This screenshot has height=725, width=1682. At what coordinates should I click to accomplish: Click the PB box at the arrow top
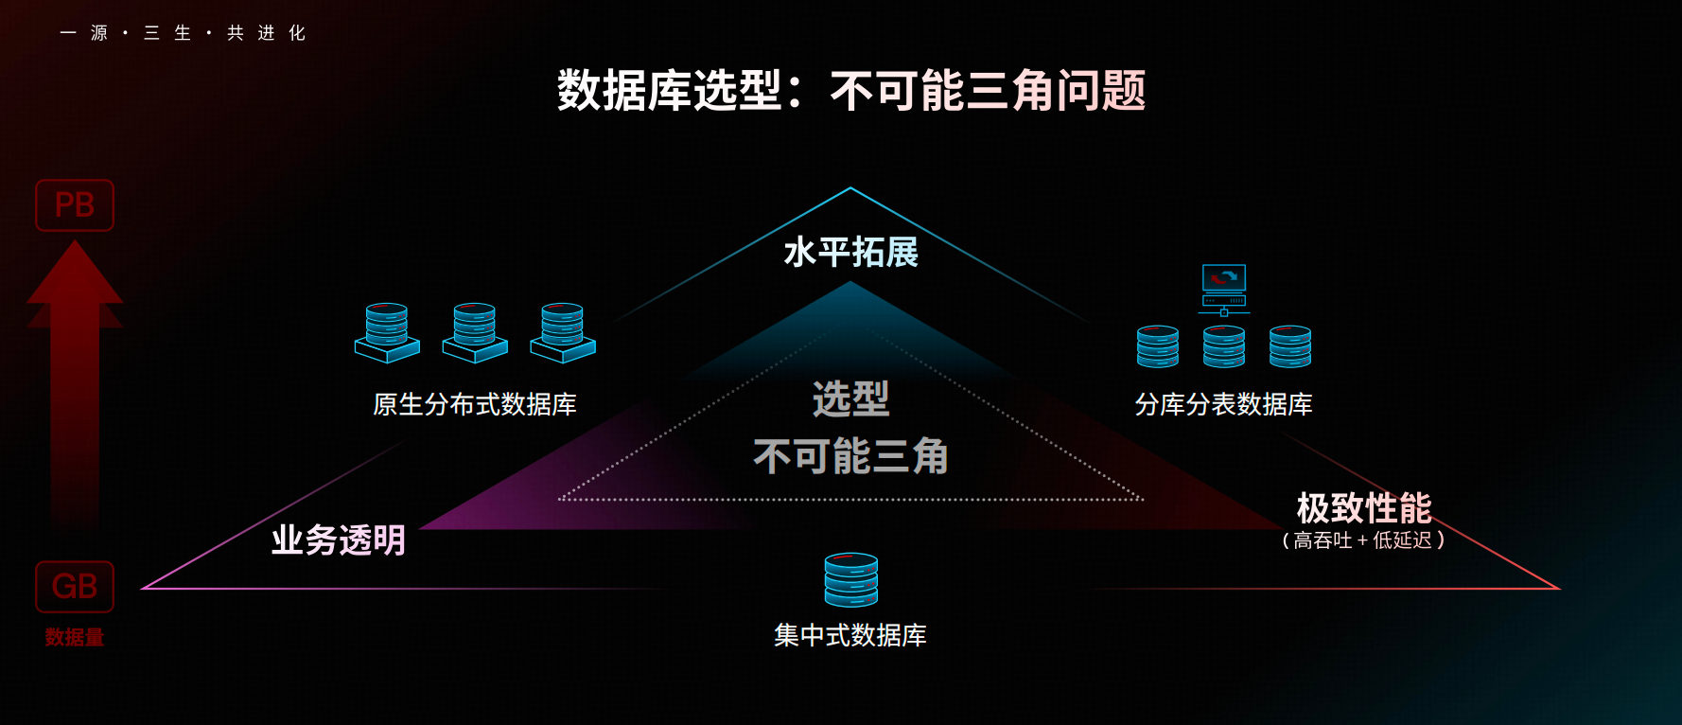[x=75, y=205]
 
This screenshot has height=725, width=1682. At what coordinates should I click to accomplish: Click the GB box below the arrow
[x=75, y=587]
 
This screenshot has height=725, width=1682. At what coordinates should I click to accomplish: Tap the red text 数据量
[x=75, y=638]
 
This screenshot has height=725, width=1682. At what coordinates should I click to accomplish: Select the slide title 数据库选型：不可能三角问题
[x=851, y=91]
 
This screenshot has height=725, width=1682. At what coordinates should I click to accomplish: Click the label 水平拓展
[x=851, y=253]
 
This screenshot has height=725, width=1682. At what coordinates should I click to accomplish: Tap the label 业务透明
[x=339, y=540]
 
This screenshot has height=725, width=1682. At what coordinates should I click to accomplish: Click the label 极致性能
[x=1364, y=508]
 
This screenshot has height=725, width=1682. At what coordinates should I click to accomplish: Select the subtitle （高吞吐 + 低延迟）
[x=1363, y=540]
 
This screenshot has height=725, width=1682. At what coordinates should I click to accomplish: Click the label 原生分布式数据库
[x=475, y=405]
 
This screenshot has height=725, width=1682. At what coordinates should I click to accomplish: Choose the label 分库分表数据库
[x=1224, y=405]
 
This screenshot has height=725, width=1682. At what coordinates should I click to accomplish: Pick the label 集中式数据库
[x=850, y=635]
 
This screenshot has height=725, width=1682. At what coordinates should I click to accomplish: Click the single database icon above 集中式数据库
[x=851, y=579]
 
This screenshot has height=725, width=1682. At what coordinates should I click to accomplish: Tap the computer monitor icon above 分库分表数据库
[x=1224, y=289]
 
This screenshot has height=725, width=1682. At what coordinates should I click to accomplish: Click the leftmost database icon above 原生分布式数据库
[x=387, y=332]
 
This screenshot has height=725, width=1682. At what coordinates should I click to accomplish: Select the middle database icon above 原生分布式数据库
[x=475, y=332]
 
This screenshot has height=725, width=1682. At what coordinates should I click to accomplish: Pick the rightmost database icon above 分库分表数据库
[x=1290, y=346]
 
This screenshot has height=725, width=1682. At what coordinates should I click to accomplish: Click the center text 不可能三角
[x=851, y=456]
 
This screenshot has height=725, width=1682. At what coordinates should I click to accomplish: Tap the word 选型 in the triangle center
[x=851, y=399]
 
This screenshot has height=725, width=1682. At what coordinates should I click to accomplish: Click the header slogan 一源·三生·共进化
[x=184, y=33]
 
